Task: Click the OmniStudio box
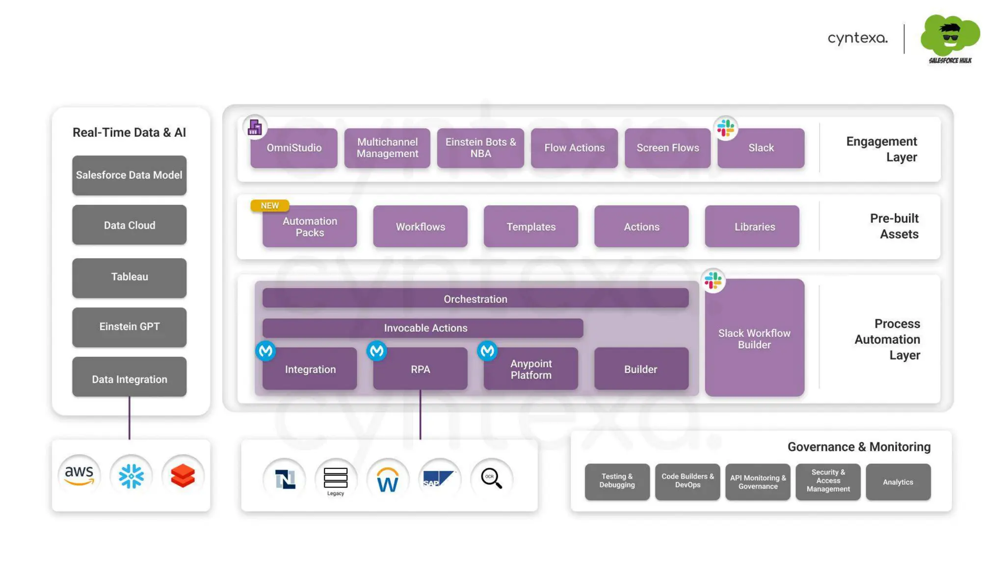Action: pos(293,148)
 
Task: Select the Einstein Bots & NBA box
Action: pos(480,148)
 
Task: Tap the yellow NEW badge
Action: pos(269,205)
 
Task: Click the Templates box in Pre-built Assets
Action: pos(530,227)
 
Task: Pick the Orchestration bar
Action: pos(475,299)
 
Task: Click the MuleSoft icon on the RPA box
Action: pos(376,351)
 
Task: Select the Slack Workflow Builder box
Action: pos(754,338)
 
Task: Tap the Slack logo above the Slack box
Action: pos(725,128)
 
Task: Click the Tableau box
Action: pos(129,277)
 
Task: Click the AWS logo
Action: pos(79,475)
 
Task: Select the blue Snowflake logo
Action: pos(131,476)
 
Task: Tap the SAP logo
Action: pos(439,478)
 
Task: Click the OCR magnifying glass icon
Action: pos(491,478)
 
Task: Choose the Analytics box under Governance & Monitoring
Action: pos(898,482)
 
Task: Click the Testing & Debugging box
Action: pos(617,481)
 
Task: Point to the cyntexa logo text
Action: pos(857,38)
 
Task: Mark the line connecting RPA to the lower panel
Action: pos(420,414)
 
